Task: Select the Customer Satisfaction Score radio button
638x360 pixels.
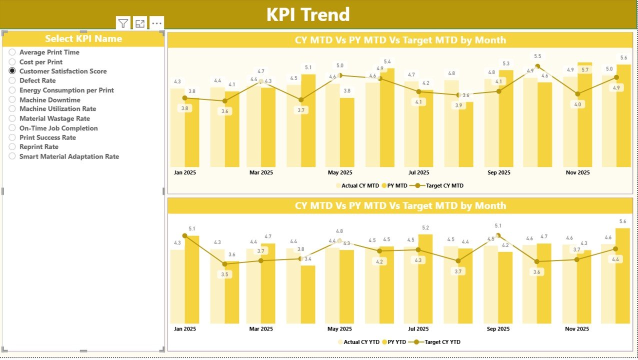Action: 12,71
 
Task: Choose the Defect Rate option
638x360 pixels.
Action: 12,80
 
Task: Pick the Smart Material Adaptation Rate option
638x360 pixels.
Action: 12,156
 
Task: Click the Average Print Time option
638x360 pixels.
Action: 12,52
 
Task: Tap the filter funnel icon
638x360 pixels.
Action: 123,23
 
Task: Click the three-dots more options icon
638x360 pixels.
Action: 156,23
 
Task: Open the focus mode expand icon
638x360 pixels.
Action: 140,23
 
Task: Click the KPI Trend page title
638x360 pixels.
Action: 308,14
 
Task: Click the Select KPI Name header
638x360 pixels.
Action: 83,39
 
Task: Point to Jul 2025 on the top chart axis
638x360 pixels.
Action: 418,172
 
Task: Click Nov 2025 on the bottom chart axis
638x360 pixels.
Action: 577,329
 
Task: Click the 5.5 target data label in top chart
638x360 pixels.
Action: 537,56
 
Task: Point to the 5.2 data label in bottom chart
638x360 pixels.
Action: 425,228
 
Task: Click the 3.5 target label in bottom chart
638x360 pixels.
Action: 225,274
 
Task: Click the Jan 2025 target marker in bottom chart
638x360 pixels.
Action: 184,235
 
